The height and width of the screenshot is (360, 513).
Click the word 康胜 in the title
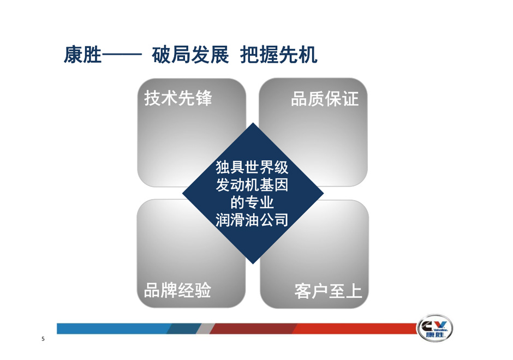pos(83,55)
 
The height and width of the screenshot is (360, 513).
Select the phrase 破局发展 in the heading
pos(190,55)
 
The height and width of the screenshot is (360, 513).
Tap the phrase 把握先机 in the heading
pos(279,55)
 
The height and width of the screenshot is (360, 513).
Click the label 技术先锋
pos(178,98)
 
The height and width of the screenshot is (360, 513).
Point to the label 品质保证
pos(325,98)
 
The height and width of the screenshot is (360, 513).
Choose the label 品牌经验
pos(178,290)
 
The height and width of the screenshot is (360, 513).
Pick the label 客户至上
pos(328,291)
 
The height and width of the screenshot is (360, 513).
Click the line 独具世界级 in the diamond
pos(252,167)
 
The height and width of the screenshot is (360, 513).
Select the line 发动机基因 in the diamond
pos(252,185)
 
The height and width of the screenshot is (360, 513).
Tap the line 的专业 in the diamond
pos(252,202)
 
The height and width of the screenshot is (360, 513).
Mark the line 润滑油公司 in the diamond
pos(252,220)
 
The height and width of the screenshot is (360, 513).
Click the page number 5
pos(43,339)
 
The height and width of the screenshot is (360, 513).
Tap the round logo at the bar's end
pos(435,328)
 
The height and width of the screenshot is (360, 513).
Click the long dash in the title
pos(122,55)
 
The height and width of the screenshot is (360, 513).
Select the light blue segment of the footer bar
pos(113,328)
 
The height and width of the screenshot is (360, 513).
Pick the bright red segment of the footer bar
pos(355,328)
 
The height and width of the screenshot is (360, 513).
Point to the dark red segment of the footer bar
pos(254,328)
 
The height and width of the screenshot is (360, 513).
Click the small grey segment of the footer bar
pos(205,328)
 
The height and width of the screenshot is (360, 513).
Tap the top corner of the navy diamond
pos(253,123)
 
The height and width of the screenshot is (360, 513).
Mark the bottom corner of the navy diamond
pos(253,264)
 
